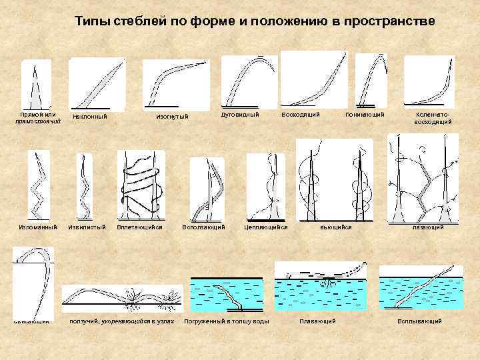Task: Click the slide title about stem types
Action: (255, 21)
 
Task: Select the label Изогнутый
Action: (172, 117)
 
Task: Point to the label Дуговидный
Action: (240, 115)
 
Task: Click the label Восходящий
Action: (301, 115)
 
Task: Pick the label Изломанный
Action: (37, 227)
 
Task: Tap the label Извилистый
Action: (87, 227)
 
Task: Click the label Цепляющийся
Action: (266, 227)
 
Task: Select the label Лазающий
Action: (428, 227)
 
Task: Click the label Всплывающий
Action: (419, 321)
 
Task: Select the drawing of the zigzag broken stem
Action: (37, 183)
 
